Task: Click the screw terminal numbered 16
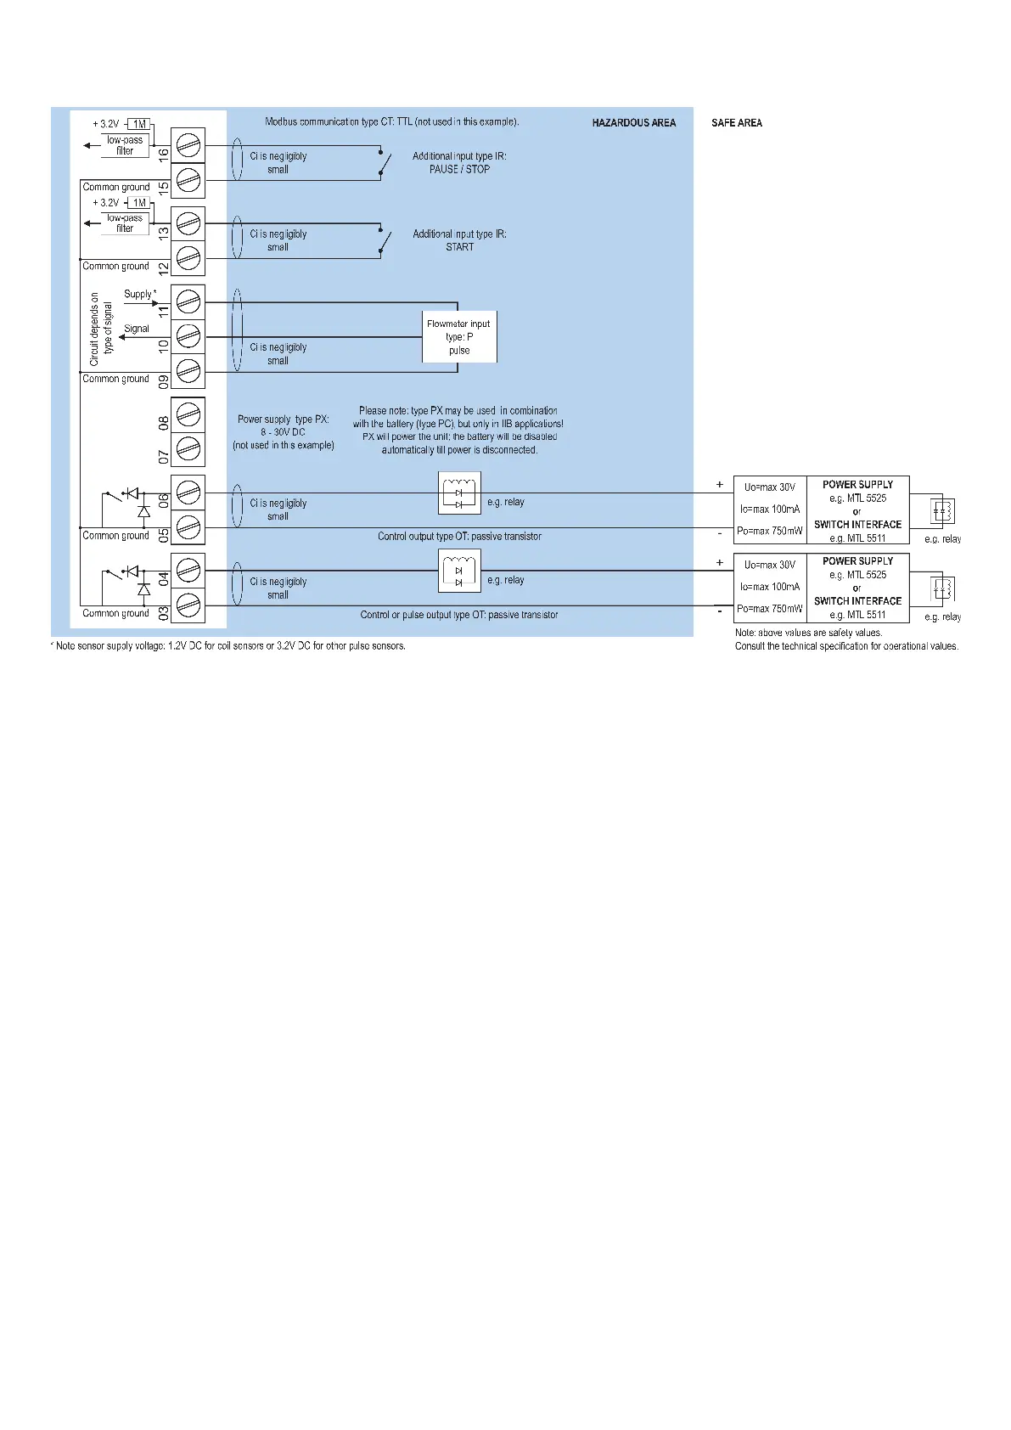point(188,146)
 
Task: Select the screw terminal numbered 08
point(188,414)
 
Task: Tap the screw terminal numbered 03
point(188,605)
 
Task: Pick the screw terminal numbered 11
point(188,301)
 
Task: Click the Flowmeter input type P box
point(459,337)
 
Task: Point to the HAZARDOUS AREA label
point(633,123)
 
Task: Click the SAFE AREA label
point(737,123)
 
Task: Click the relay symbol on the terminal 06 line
point(459,493)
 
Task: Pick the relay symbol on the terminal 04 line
point(459,571)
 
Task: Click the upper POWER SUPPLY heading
point(857,485)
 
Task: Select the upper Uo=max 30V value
point(769,487)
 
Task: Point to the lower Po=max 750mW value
point(769,609)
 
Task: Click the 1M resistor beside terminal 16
point(139,124)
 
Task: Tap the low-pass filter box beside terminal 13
point(125,223)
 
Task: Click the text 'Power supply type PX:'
point(283,419)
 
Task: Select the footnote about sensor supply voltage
point(228,646)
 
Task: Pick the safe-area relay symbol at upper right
point(942,511)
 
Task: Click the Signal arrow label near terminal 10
point(136,329)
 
